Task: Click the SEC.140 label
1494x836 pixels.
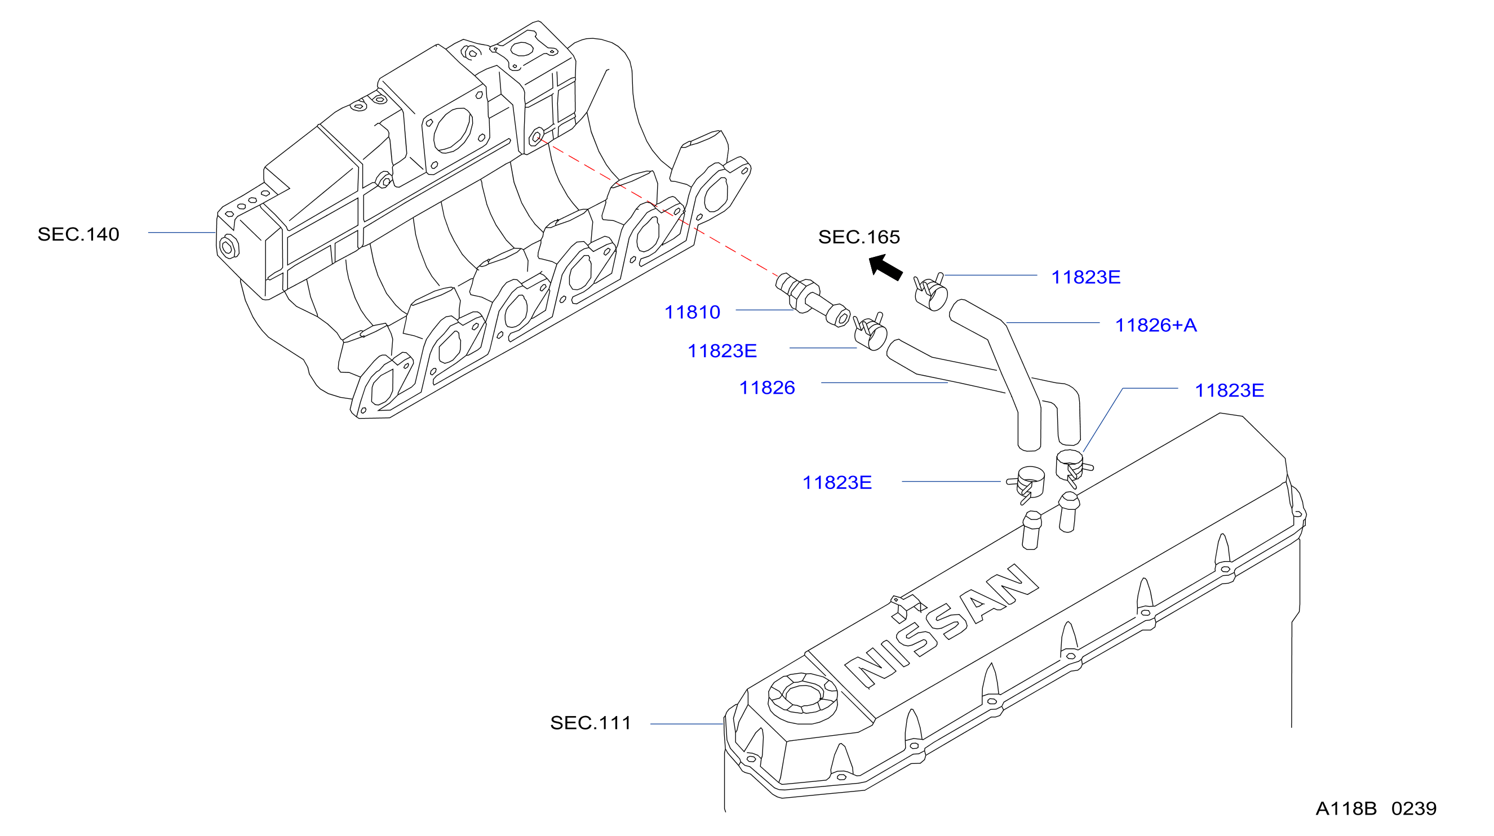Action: (x=78, y=234)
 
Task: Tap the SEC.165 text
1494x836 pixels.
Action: (x=859, y=237)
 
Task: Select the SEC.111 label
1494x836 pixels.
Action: (x=591, y=723)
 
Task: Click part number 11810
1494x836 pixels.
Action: (x=692, y=313)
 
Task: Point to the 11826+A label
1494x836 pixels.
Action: (x=1156, y=325)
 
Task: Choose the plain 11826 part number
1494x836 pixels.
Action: (x=766, y=388)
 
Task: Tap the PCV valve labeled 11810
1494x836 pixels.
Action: (x=812, y=299)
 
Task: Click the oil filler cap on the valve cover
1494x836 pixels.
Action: (x=803, y=698)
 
